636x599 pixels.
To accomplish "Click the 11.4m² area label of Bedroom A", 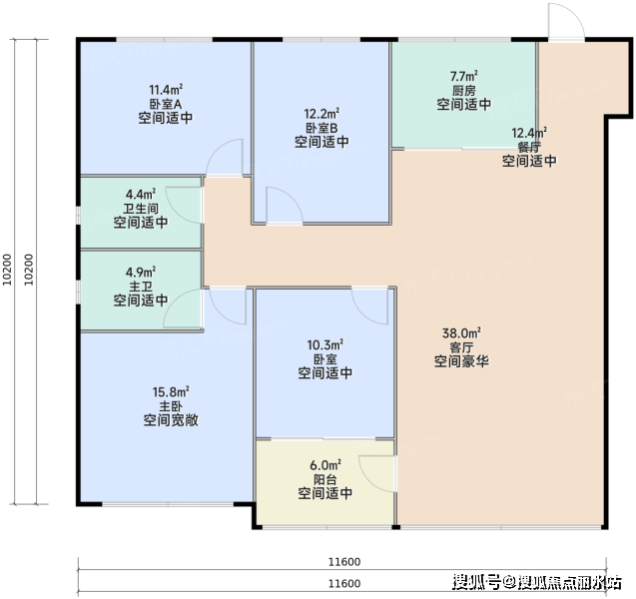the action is [166, 89].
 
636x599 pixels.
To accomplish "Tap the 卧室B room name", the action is [321, 128].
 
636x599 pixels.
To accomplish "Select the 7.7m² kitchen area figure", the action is [463, 76].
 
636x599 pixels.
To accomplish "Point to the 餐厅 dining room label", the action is [529, 147].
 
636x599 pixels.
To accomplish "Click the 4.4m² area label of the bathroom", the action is [141, 194].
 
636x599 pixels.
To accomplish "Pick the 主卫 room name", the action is [141, 287].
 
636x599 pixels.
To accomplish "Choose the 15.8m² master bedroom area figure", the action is [171, 392].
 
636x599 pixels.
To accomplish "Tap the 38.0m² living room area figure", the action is [461, 333].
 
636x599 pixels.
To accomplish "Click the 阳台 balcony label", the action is [324, 479].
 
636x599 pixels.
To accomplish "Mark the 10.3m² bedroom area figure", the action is [324, 345].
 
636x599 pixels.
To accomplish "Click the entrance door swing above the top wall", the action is [567, 21].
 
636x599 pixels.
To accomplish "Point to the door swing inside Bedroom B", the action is [285, 206].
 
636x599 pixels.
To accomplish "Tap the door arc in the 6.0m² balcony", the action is [376, 473].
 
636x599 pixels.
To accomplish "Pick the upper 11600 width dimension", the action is [344, 562].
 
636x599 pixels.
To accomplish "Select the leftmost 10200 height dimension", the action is [7, 270].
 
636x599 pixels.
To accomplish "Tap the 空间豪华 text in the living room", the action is [461, 361].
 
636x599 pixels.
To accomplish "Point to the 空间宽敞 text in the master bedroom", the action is [171, 420].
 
